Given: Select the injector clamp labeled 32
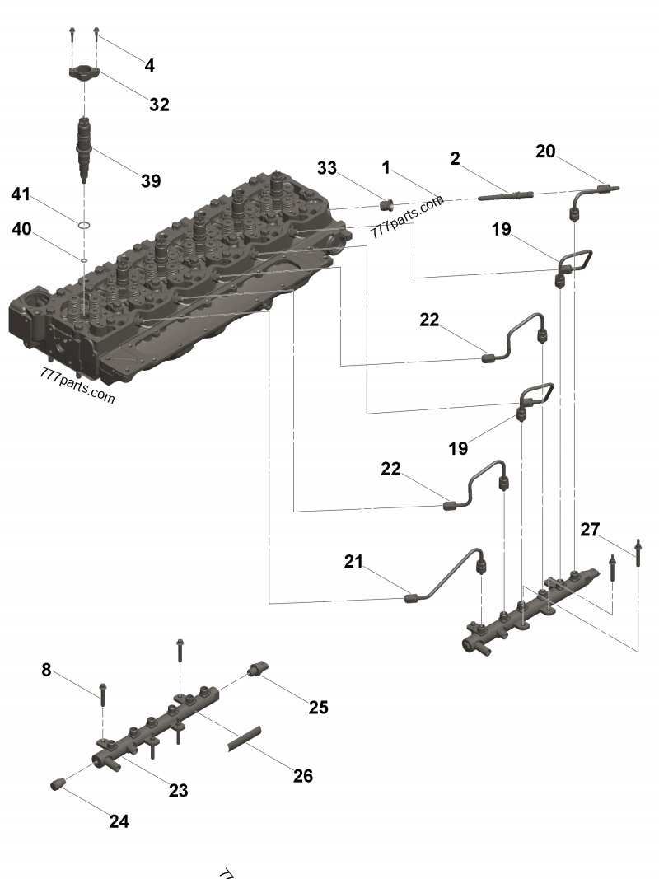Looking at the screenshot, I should coord(83,74).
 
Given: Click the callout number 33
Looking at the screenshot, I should coord(327,168).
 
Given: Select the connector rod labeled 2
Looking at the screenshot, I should coord(503,196).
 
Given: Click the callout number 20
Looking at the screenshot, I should coord(545,152).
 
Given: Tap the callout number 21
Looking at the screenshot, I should coord(353,562).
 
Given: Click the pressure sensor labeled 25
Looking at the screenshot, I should coord(256,669).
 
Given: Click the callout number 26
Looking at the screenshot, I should coord(302,775).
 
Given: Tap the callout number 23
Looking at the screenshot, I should coord(178,790).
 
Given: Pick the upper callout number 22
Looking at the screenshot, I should coord(429,320).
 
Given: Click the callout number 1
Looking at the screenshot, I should coord(386,167).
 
